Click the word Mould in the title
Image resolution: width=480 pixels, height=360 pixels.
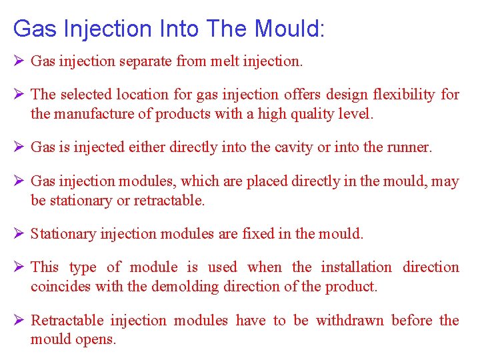[x=287, y=29]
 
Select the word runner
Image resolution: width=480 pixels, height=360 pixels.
[x=409, y=147]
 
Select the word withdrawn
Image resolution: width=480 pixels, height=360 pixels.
[x=349, y=321]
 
